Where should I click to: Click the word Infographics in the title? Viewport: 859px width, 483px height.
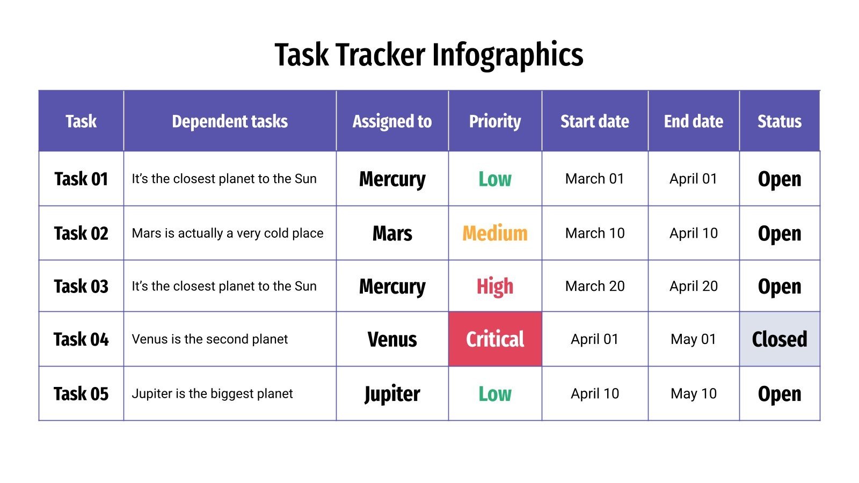click(x=507, y=55)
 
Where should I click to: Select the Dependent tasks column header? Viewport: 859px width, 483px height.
click(x=230, y=121)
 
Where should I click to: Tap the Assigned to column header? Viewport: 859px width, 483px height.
click(x=392, y=121)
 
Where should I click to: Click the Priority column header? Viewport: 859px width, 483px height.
click(x=495, y=121)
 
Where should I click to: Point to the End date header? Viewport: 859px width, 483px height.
click(x=693, y=121)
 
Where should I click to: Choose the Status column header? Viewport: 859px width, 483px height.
click(x=779, y=121)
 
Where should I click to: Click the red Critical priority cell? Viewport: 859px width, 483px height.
click(x=495, y=339)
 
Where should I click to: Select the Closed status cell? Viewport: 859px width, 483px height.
click(x=779, y=339)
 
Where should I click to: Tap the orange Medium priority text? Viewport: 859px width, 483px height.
click(x=495, y=233)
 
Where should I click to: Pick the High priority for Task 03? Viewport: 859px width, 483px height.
click(x=495, y=287)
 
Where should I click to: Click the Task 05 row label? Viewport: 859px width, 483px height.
click(x=81, y=394)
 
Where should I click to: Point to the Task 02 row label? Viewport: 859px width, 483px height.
click(x=81, y=233)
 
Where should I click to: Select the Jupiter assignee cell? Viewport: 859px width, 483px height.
click(x=392, y=394)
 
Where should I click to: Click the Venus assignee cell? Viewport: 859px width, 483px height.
click(x=392, y=339)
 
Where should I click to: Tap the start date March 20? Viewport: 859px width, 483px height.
click(x=595, y=287)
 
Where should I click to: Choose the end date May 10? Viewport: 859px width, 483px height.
click(x=693, y=394)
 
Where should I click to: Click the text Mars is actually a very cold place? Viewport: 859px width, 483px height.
click(x=228, y=233)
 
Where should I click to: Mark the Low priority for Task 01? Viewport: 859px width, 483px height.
click(x=495, y=179)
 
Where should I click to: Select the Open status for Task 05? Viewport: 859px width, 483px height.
click(x=779, y=394)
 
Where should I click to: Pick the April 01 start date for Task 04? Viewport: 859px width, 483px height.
click(x=595, y=339)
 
